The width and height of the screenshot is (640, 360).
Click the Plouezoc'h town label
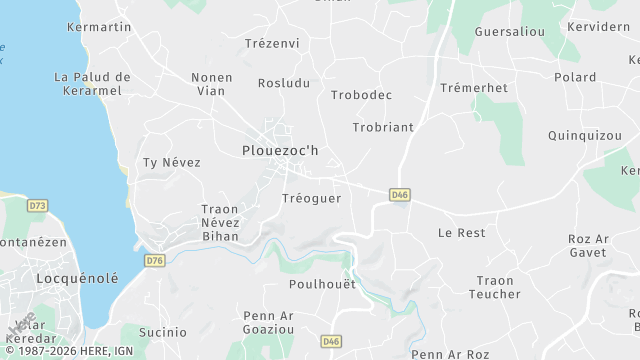[x=280, y=150]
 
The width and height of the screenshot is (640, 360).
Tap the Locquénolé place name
[x=77, y=277]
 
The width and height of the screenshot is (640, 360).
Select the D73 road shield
[x=38, y=205]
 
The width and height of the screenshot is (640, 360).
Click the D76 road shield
[x=154, y=260]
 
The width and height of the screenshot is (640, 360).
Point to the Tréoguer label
[x=312, y=198]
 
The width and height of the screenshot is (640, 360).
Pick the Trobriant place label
[x=383, y=127]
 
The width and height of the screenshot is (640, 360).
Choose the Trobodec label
[x=361, y=95]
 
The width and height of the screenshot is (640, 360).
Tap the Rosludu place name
[x=284, y=83]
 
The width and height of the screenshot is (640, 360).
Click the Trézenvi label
[x=272, y=44]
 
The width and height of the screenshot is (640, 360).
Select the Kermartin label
[x=99, y=27]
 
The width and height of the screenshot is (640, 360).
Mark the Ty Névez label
[x=172, y=162]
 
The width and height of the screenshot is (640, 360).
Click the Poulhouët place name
[x=322, y=284]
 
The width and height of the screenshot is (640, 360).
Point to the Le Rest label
[x=461, y=232]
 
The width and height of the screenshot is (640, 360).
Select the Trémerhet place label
[x=474, y=88]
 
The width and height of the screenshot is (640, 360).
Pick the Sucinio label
[x=163, y=331]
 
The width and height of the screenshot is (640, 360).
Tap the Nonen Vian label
[x=211, y=84]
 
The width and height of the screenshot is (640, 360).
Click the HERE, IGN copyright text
[x=76, y=351]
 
